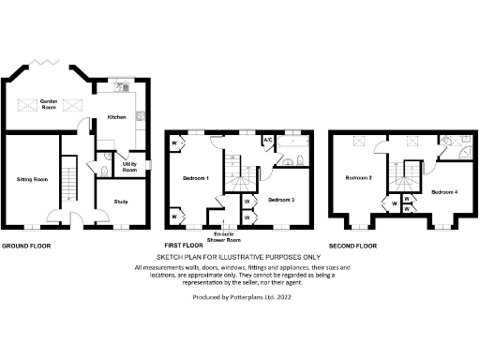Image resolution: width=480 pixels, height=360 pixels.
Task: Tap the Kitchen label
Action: click(x=116, y=117)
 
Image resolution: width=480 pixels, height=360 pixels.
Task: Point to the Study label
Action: click(x=120, y=201)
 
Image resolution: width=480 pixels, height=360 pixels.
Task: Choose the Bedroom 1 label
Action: click(x=194, y=177)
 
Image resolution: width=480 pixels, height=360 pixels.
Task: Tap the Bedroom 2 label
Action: click(x=358, y=177)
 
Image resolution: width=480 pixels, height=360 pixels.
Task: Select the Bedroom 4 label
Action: click(x=444, y=192)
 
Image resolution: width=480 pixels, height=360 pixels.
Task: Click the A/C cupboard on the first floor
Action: click(x=267, y=141)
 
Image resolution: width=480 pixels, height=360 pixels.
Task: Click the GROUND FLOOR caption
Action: click(x=25, y=246)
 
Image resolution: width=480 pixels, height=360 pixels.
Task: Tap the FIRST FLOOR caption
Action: click(x=186, y=246)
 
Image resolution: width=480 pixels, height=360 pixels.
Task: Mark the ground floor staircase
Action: click(x=68, y=178)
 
